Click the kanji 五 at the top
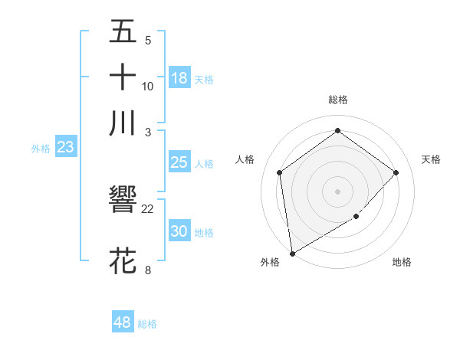coord(123,31)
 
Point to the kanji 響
coord(123,201)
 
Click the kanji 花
coord(123,260)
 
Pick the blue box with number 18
coord(179,77)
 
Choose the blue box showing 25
coord(179,162)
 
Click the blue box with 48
coord(123,322)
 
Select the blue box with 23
coord(65,147)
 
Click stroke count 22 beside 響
coord(148,209)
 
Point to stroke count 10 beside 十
coord(148,86)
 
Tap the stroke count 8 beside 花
coord(148,270)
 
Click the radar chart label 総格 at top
coord(337,100)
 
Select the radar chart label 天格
coord(431,159)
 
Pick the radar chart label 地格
coord(402,263)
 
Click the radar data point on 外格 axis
coord(292,253)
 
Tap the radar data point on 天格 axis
coord(396,172)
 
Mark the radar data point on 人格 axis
coord(279,172)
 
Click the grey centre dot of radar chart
coord(337,191)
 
